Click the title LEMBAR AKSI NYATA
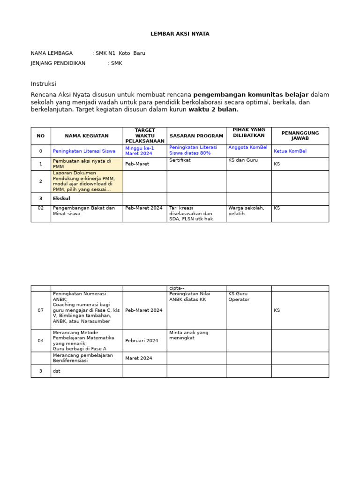[x=180, y=34]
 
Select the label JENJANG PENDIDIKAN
[x=58, y=63]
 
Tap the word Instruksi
[x=44, y=84]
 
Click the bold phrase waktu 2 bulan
[x=213, y=110]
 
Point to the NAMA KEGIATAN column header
[x=87, y=136]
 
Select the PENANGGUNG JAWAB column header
[x=300, y=136]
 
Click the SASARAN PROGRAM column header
[x=196, y=136]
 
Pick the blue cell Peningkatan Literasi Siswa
[x=84, y=151]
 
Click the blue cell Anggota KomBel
[x=247, y=147]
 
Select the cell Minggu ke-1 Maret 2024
[x=139, y=150]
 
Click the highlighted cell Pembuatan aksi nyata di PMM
[x=82, y=164]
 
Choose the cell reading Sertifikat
[x=180, y=160]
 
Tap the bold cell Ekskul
[x=61, y=199]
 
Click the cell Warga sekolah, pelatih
[x=246, y=210]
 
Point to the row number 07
[x=41, y=310]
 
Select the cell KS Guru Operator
[x=239, y=297]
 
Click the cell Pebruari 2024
[x=142, y=341]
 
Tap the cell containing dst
[x=57, y=371]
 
